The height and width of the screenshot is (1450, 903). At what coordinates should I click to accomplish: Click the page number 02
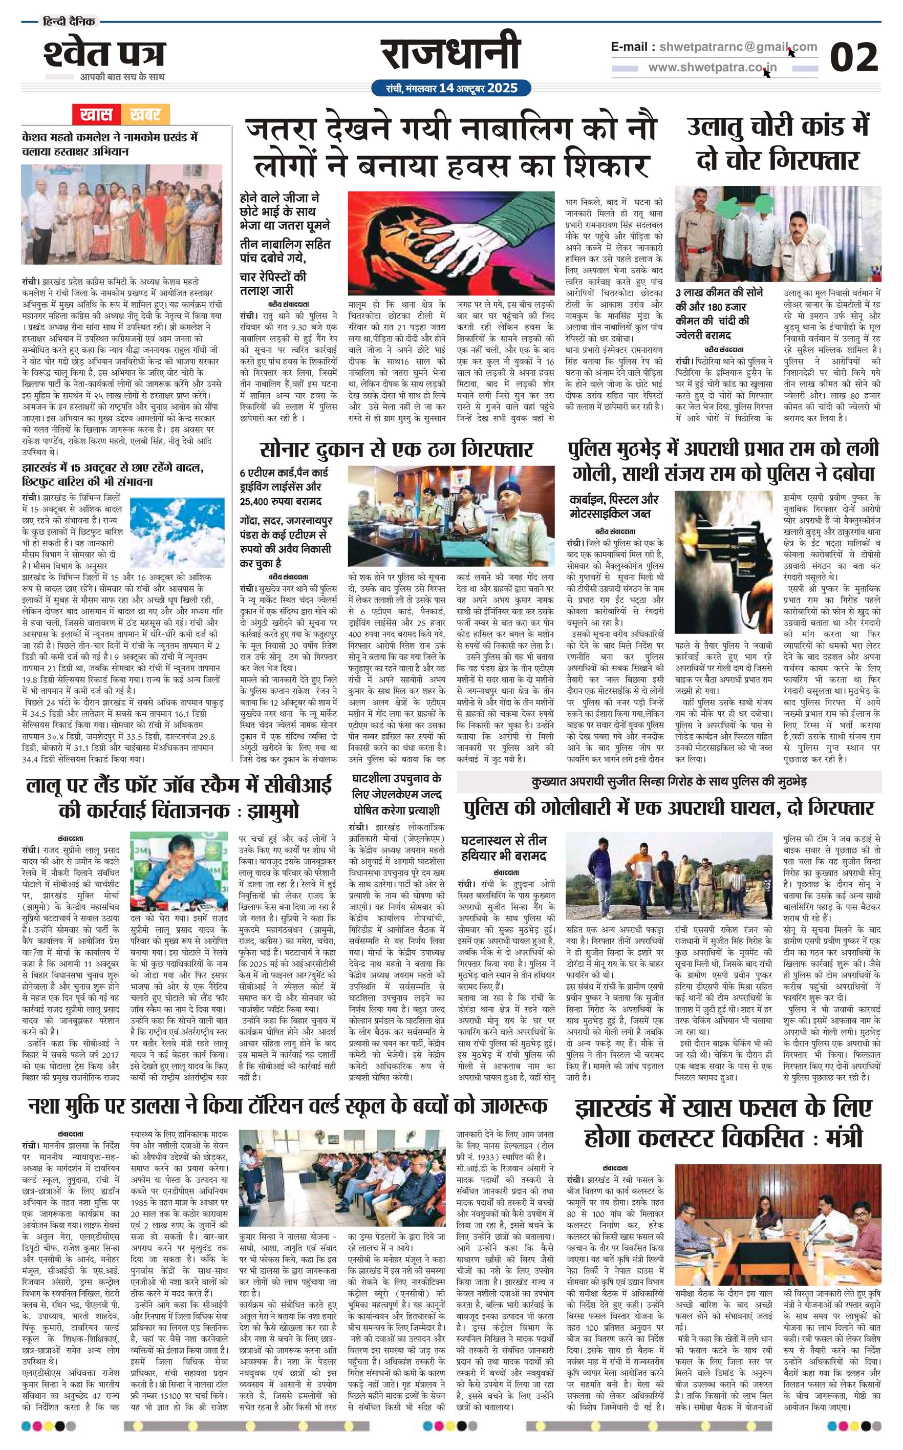click(x=854, y=58)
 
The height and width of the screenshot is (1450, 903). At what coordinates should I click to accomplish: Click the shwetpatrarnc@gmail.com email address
click(x=738, y=47)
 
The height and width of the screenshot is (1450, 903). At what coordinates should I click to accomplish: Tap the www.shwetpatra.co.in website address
click(x=713, y=68)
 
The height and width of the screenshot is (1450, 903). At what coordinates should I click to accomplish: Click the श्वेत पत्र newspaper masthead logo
click(x=104, y=55)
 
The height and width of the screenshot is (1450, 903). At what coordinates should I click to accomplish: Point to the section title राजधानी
click(x=451, y=55)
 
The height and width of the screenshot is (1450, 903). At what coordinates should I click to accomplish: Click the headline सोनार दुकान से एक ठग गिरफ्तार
click(x=396, y=449)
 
